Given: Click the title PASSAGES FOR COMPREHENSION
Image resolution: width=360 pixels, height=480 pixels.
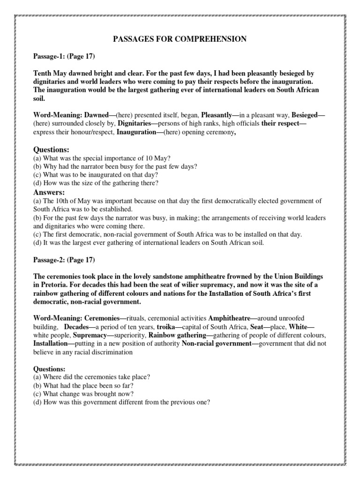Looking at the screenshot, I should (180, 39).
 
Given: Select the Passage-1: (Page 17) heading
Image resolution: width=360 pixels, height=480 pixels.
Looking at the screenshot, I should (64, 57).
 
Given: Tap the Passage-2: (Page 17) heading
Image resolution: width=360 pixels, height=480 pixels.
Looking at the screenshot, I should (64, 259).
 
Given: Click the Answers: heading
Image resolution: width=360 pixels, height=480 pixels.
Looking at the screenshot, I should (49, 193).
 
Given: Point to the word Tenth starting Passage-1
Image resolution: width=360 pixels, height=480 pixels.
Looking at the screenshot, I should (43, 74).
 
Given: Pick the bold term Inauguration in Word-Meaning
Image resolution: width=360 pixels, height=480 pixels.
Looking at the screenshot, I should (137, 132).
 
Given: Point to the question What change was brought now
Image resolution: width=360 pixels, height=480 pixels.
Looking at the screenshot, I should (90, 395).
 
